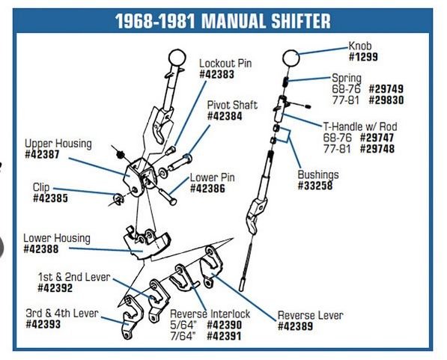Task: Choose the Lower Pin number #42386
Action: [210, 189]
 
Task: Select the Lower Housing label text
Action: [56, 238]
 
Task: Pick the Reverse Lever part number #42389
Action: [299, 326]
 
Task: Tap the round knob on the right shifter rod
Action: [291, 55]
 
